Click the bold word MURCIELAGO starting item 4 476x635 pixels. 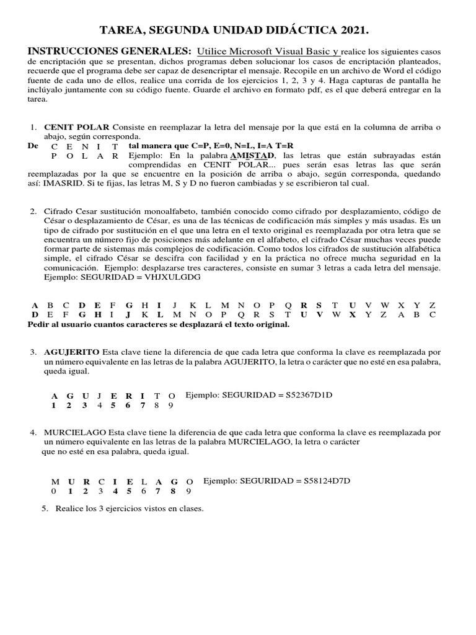[75, 431]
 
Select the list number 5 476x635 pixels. [45, 508]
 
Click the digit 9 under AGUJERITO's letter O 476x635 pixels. [171, 406]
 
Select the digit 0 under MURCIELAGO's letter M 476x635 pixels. [55, 491]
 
